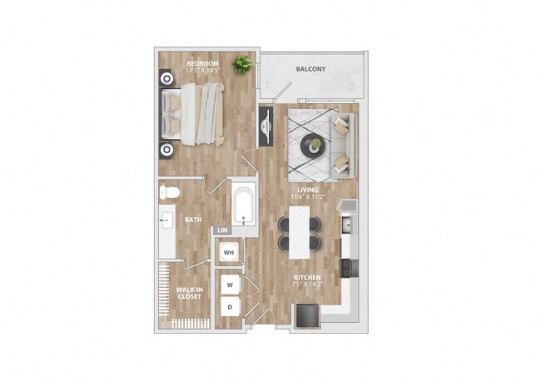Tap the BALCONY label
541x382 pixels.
point(310,70)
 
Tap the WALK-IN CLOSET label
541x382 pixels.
point(187,294)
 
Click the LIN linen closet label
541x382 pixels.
point(222,230)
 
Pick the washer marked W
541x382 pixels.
point(230,285)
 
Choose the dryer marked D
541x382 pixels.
point(230,307)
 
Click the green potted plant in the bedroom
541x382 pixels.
point(243,64)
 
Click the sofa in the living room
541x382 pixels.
point(343,145)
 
